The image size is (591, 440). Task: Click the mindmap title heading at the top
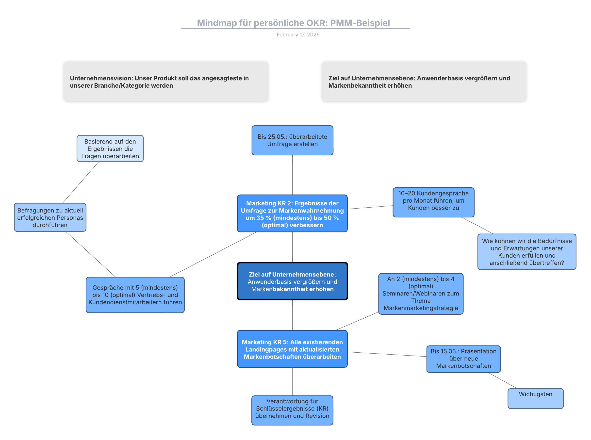point(293,23)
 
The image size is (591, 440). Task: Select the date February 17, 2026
point(298,35)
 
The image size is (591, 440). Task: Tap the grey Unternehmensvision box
point(166,81)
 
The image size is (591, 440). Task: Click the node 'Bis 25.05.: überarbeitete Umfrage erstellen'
point(292,140)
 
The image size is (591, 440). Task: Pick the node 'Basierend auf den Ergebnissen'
point(110,149)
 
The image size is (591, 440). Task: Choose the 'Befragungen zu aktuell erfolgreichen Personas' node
point(50,217)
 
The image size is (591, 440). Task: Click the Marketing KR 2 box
point(292,214)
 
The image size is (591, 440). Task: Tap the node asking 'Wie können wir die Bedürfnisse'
point(526,251)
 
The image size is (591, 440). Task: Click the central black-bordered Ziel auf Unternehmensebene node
point(292,281)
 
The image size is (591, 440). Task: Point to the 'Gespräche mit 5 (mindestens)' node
point(135,295)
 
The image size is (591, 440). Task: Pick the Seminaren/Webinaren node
point(421,293)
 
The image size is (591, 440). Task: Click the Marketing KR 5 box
point(292,349)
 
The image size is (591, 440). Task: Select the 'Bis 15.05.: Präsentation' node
point(463,359)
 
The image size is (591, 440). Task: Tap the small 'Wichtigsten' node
point(535,398)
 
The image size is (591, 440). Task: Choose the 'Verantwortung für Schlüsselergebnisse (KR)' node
point(292,410)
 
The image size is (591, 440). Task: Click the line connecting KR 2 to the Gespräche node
point(213,254)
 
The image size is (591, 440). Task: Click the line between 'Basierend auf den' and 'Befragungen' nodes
point(81,182)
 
